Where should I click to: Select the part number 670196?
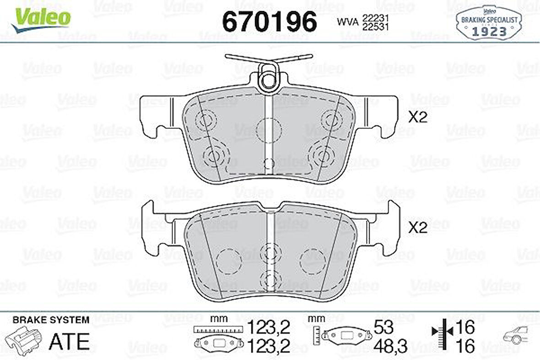(x=269, y=22)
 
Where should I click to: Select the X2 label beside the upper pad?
(x=417, y=117)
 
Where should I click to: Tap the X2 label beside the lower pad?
(x=417, y=228)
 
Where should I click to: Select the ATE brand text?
(x=69, y=341)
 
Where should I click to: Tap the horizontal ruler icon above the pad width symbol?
(x=217, y=329)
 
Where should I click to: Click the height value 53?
(x=383, y=327)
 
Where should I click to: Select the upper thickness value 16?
(x=465, y=327)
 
